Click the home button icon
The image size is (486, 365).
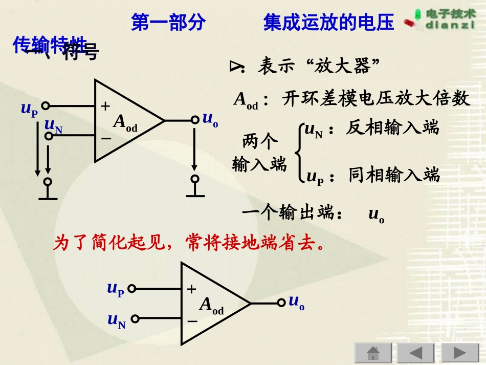pos(373,353)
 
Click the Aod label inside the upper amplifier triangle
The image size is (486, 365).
pos(125,123)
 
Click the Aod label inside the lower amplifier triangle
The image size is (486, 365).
pos(211,306)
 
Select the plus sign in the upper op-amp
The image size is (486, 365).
pos(105,106)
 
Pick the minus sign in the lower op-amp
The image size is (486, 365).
pos(192,321)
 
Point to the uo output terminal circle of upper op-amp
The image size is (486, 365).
pos(194,120)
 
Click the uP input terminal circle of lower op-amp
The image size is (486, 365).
pos(131,289)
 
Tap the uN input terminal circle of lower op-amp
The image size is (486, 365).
pos(135,319)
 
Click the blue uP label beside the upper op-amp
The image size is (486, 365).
pos(29,109)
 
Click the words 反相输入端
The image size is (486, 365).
pos(392,127)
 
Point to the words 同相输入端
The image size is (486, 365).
pos(394,175)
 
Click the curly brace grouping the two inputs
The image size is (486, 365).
pos(298,152)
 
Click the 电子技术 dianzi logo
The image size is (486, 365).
pos(442,19)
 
